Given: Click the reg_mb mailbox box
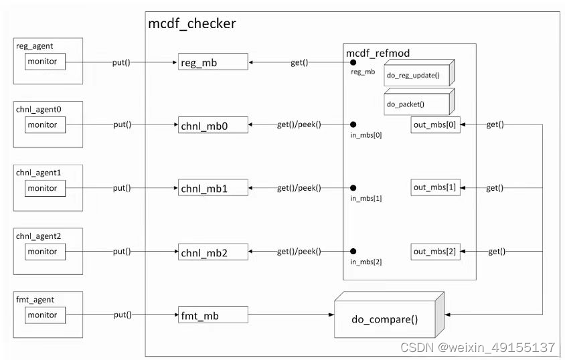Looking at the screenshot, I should tap(213, 62).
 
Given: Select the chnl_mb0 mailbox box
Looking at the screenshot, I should tap(213, 125).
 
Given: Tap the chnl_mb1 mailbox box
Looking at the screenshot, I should tap(213, 189).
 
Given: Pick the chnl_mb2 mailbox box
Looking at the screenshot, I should tap(213, 252).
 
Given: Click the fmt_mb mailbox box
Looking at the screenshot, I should tap(213, 314).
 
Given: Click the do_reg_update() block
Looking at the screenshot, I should tap(417, 74).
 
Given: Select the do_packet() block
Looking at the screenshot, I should tap(417, 103).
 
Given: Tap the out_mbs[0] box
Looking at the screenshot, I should tap(435, 125).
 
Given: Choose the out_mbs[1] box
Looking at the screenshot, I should tap(435, 187).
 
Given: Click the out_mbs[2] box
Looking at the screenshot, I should tap(435, 252).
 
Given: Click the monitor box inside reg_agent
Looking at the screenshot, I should tap(43, 62).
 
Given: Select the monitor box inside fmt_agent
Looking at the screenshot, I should tap(43, 315).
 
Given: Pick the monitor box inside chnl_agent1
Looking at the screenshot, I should tap(43, 189).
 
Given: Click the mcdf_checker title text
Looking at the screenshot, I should tap(191, 24).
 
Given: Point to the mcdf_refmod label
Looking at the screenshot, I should tap(378, 53).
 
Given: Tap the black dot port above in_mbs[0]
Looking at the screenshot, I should tap(353, 124).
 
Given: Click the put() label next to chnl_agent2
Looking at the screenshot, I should tap(122, 252).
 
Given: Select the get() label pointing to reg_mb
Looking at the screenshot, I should tap(299, 62).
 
